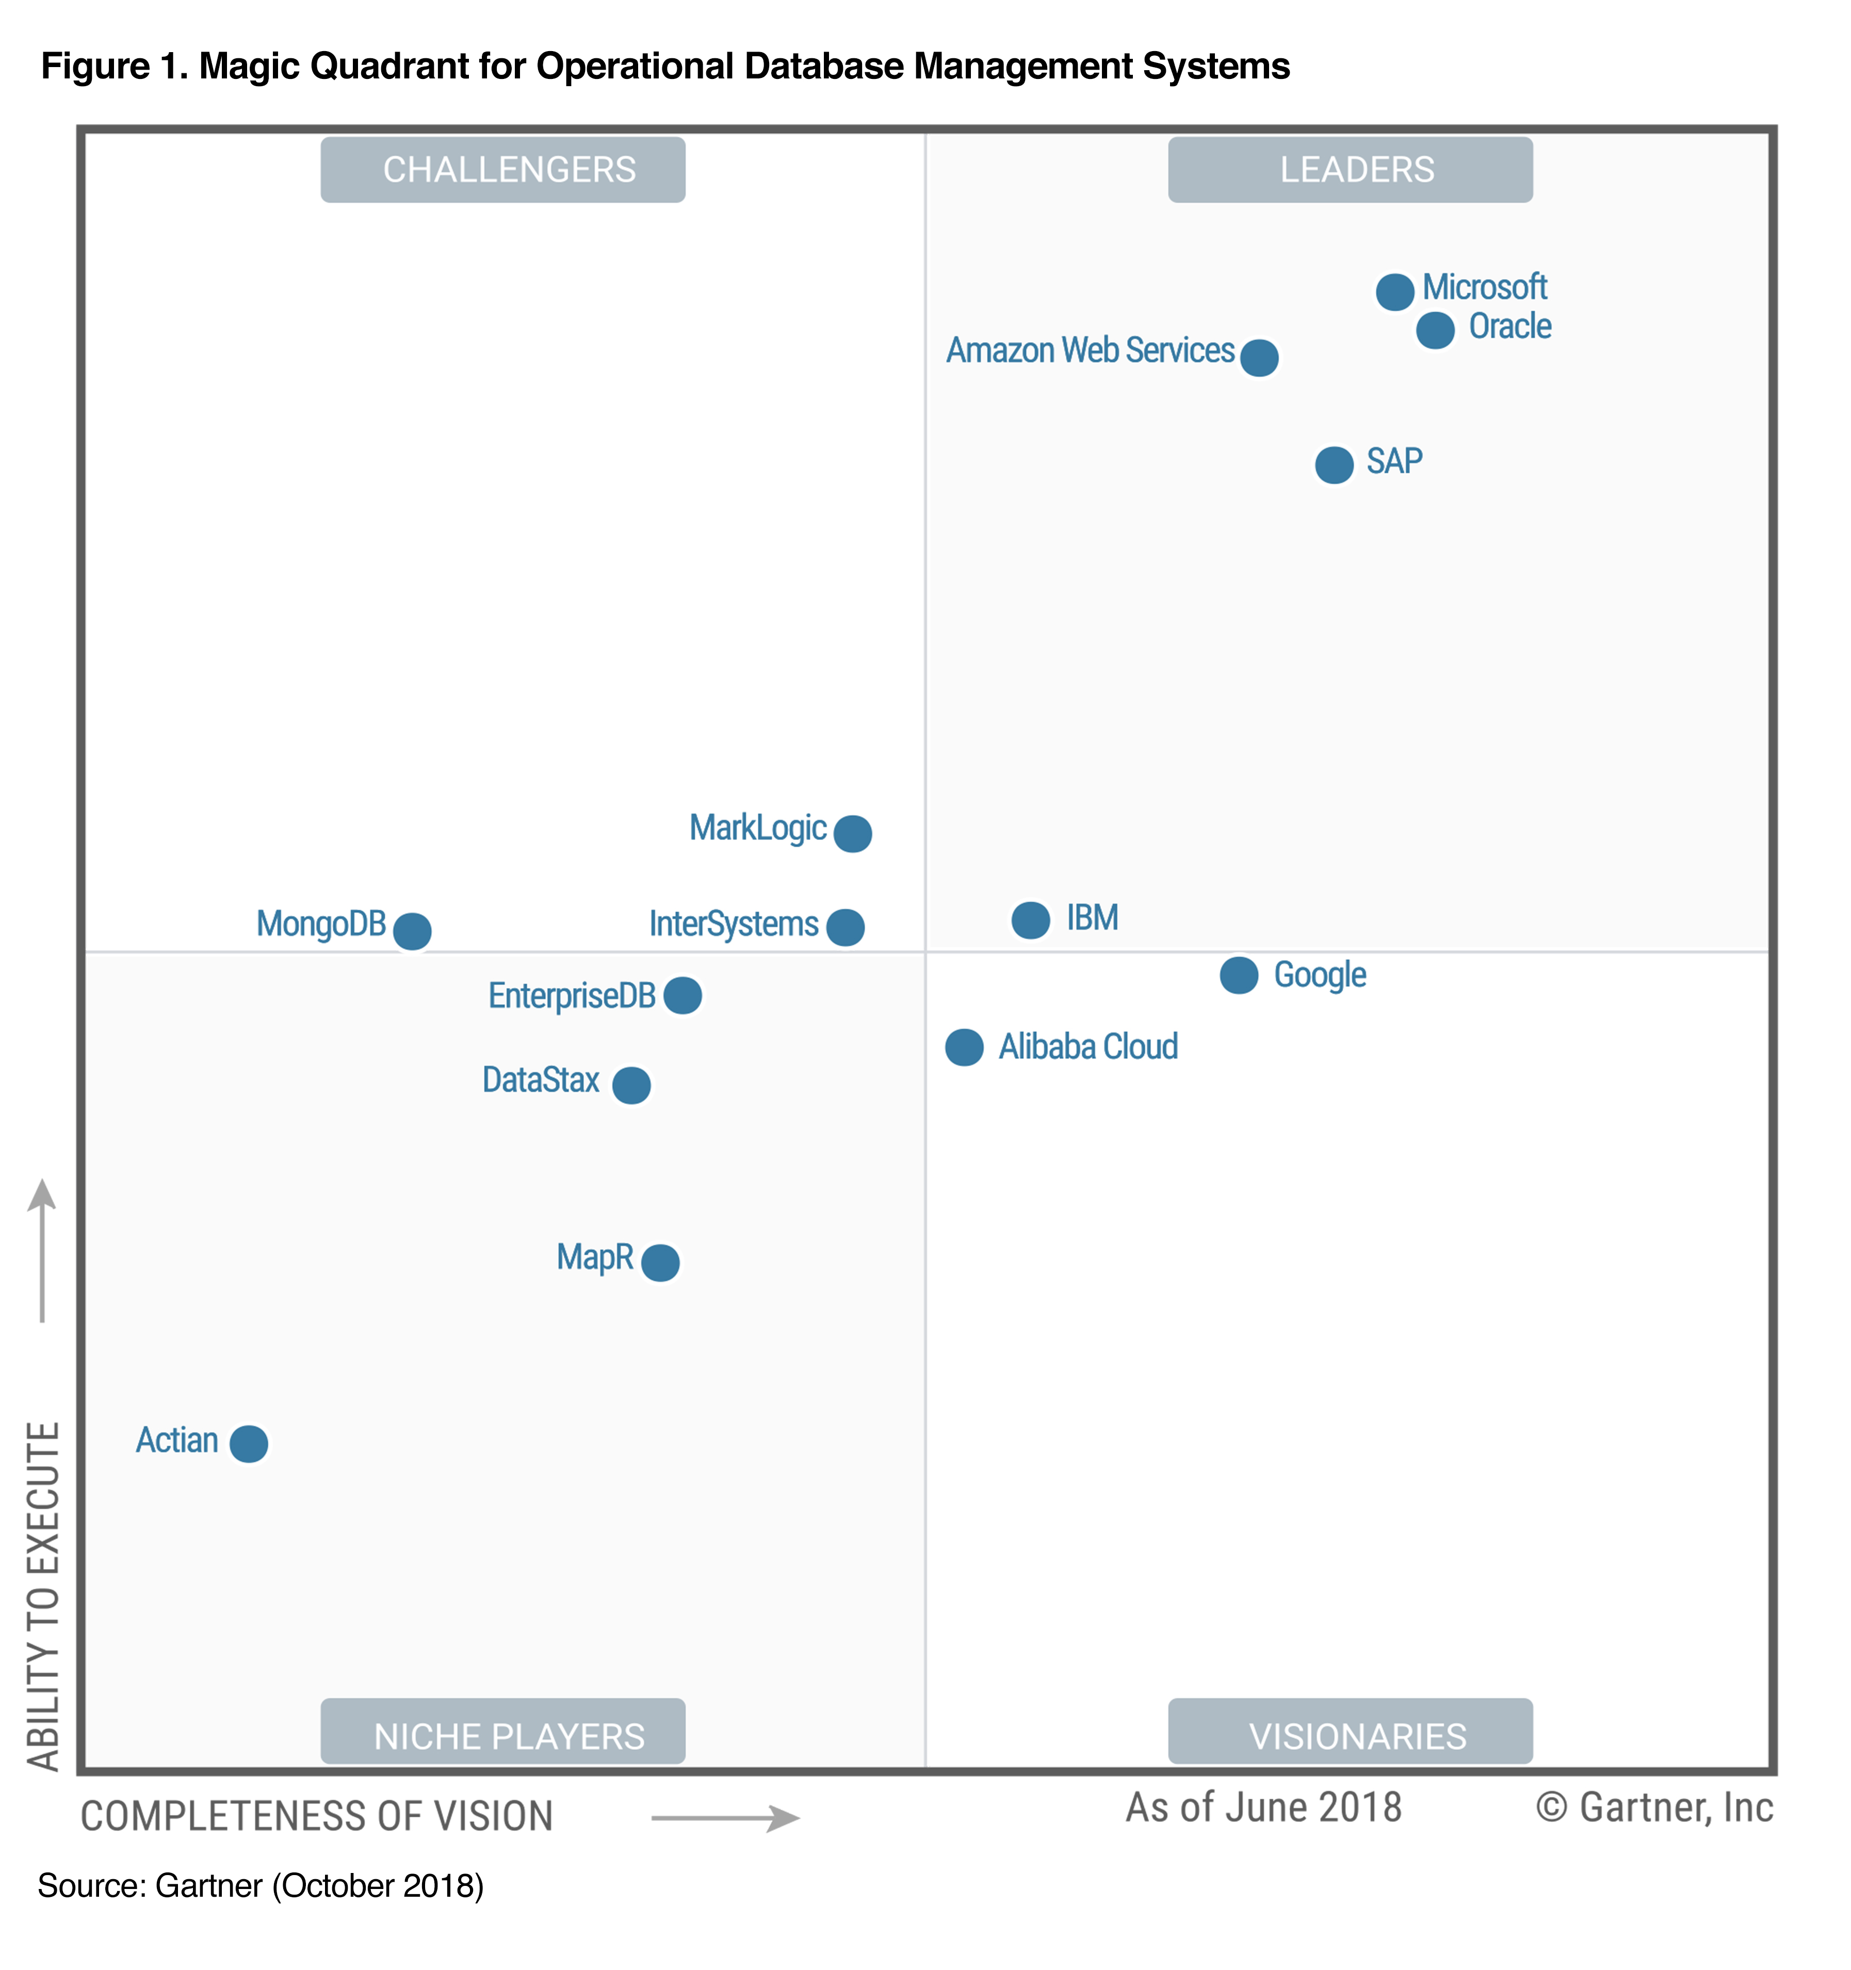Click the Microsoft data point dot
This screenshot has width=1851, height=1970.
tap(1394, 292)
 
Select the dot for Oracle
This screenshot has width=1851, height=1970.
tap(1435, 330)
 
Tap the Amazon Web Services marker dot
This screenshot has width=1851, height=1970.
tap(1258, 357)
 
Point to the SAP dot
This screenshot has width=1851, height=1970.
tap(1334, 464)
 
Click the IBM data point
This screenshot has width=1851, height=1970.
tap(1031, 919)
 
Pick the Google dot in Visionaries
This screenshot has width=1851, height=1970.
tap(1239, 975)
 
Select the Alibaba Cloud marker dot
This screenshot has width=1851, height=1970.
tap(964, 1046)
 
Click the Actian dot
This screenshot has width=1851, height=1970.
tap(249, 1443)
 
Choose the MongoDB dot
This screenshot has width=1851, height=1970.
tap(412, 930)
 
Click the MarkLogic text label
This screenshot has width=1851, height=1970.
tap(758, 828)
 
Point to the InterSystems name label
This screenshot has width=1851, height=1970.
tap(733, 924)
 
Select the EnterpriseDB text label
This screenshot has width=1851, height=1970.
tap(572, 995)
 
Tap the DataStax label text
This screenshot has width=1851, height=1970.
tap(541, 1079)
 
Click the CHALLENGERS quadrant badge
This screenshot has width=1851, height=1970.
tap(502, 169)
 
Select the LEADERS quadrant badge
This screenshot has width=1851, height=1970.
tap(1350, 169)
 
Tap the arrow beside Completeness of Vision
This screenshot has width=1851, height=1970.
tap(725, 1817)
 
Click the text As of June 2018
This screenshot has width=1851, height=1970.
tap(1263, 1807)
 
